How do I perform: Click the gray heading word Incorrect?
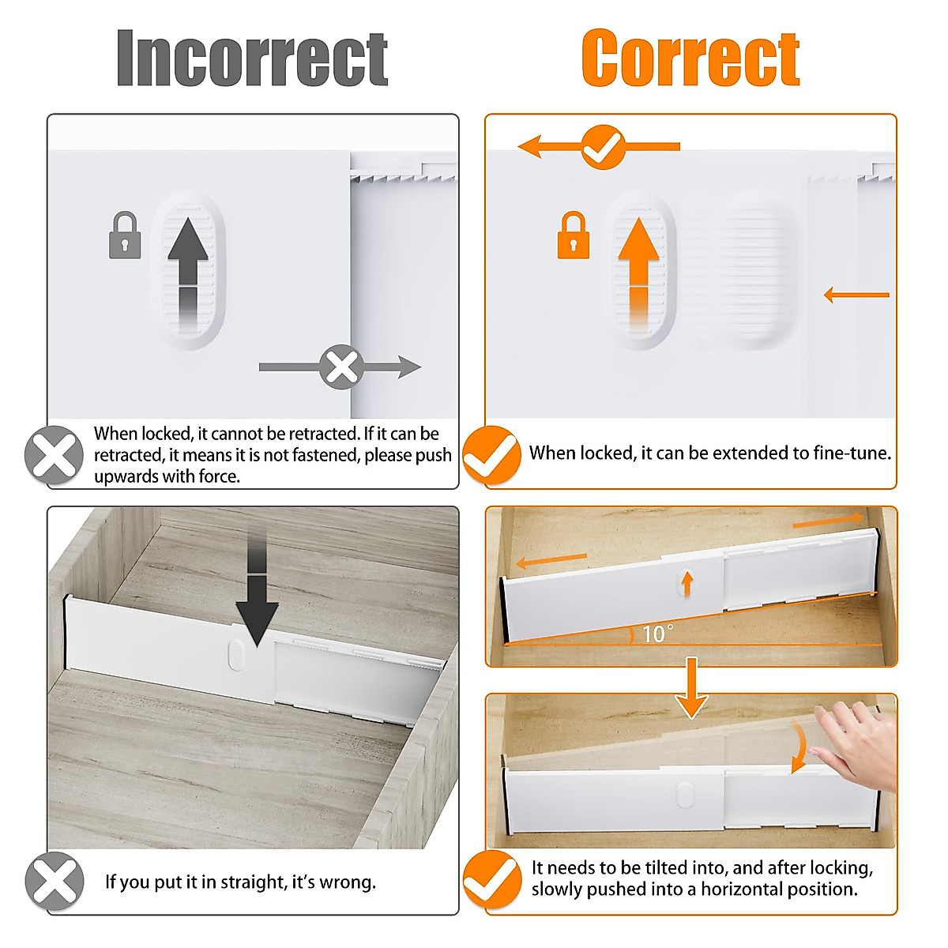pyautogui.click(x=252, y=58)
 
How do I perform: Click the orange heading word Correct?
pyautogui.click(x=690, y=58)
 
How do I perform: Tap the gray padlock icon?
pyautogui.click(x=125, y=235)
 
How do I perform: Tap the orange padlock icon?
pyautogui.click(x=574, y=235)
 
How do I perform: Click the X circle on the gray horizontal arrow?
pyautogui.click(x=341, y=367)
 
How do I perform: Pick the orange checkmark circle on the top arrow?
pyautogui.click(x=604, y=147)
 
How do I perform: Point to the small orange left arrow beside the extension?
pyautogui.click(x=856, y=295)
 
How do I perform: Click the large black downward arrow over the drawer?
pyautogui.click(x=257, y=600)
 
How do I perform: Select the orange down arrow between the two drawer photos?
pyautogui.click(x=691, y=687)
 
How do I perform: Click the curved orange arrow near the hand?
pyautogui.click(x=800, y=747)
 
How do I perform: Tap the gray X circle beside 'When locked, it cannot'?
pyautogui.click(x=54, y=455)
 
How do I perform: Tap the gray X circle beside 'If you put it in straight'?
pyautogui.click(x=54, y=882)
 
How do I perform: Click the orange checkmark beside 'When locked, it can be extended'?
pyautogui.click(x=491, y=455)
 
